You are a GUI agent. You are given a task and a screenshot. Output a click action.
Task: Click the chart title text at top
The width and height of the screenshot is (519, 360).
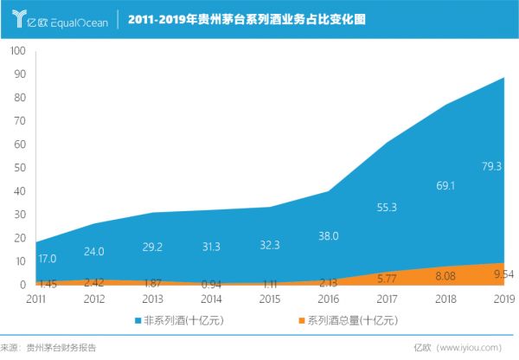click(x=247, y=17)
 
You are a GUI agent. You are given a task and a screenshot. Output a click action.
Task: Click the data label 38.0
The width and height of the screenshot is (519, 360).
click(x=329, y=235)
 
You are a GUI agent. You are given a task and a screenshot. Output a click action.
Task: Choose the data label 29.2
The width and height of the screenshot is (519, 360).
click(x=152, y=246)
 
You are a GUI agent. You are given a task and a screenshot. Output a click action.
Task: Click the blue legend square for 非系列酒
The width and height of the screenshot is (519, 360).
click(x=137, y=321)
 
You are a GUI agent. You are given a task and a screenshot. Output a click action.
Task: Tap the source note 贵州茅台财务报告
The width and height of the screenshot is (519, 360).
click(x=61, y=348)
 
